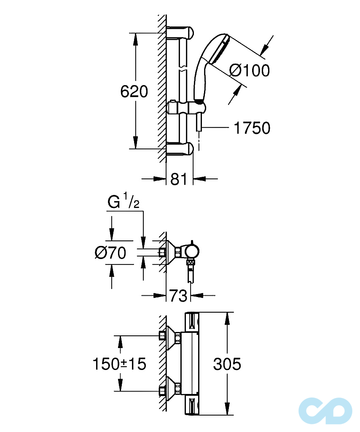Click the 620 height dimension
pyautogui.click(x=134, y=91)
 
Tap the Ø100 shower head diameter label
pyautogui.click(x=250, y=70)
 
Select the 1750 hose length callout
pyautogui.click(x=252, y=128)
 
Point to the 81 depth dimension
pyautogui.click(x=179, y=179)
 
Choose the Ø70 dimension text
pyautogui.click(x=110, y=253)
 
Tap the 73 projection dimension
pyautogui.click(x=178, y=296)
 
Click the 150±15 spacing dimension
pyautogui.click(x=119, y=364)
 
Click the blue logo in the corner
pyautogui.click(x=325, y=410)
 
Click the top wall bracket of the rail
pyautogui.click(x=181, y=33)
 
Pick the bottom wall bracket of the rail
pyautogui.click(x=181, y=148)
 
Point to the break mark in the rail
pyautogui.click(x=183, y=67)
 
